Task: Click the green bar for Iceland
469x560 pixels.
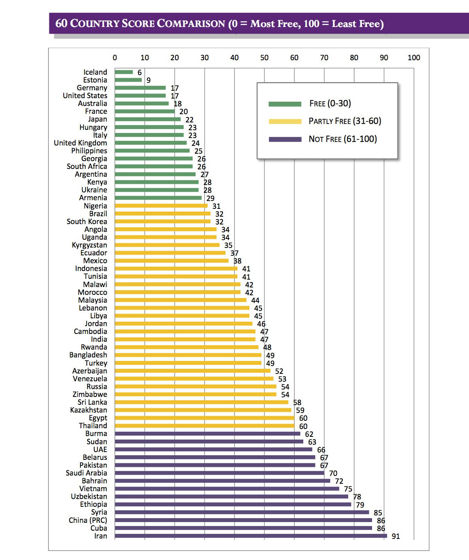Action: click(x=124, y=72)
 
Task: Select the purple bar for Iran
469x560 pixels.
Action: click(x=251, y=536)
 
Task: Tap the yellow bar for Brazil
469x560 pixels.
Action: click(x=163, y=214)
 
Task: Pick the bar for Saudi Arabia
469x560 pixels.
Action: click(x=219, y=473)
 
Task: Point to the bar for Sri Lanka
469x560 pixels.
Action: click(x=202, y=402)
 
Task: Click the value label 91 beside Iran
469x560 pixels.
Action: click(x=396, y=537)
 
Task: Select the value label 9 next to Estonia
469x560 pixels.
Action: click(x=149, y=80)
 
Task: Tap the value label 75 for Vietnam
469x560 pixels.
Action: click(x=348, y=489)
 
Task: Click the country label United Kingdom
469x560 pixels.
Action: click(x=81, y=143)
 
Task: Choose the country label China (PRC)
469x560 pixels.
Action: click(x=88, y=521)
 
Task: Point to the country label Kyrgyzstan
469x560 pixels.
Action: click(x=90, y=245)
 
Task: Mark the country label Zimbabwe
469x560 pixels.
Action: click(x=90, y=395)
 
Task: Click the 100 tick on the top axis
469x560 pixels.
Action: click(x=414, y=58)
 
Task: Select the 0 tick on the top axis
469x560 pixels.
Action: click(x=115, y=58)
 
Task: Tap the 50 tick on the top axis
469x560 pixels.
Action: click(x=265, y=58)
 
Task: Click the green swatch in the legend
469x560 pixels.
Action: click(x=285, y=104)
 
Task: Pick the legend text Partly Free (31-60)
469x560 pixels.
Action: click(x=345, y=121)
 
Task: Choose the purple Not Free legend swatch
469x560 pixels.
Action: click(x=285, y=139)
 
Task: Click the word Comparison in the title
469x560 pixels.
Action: click(x=191, y=23)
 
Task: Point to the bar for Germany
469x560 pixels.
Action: click(x=140, y=88)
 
